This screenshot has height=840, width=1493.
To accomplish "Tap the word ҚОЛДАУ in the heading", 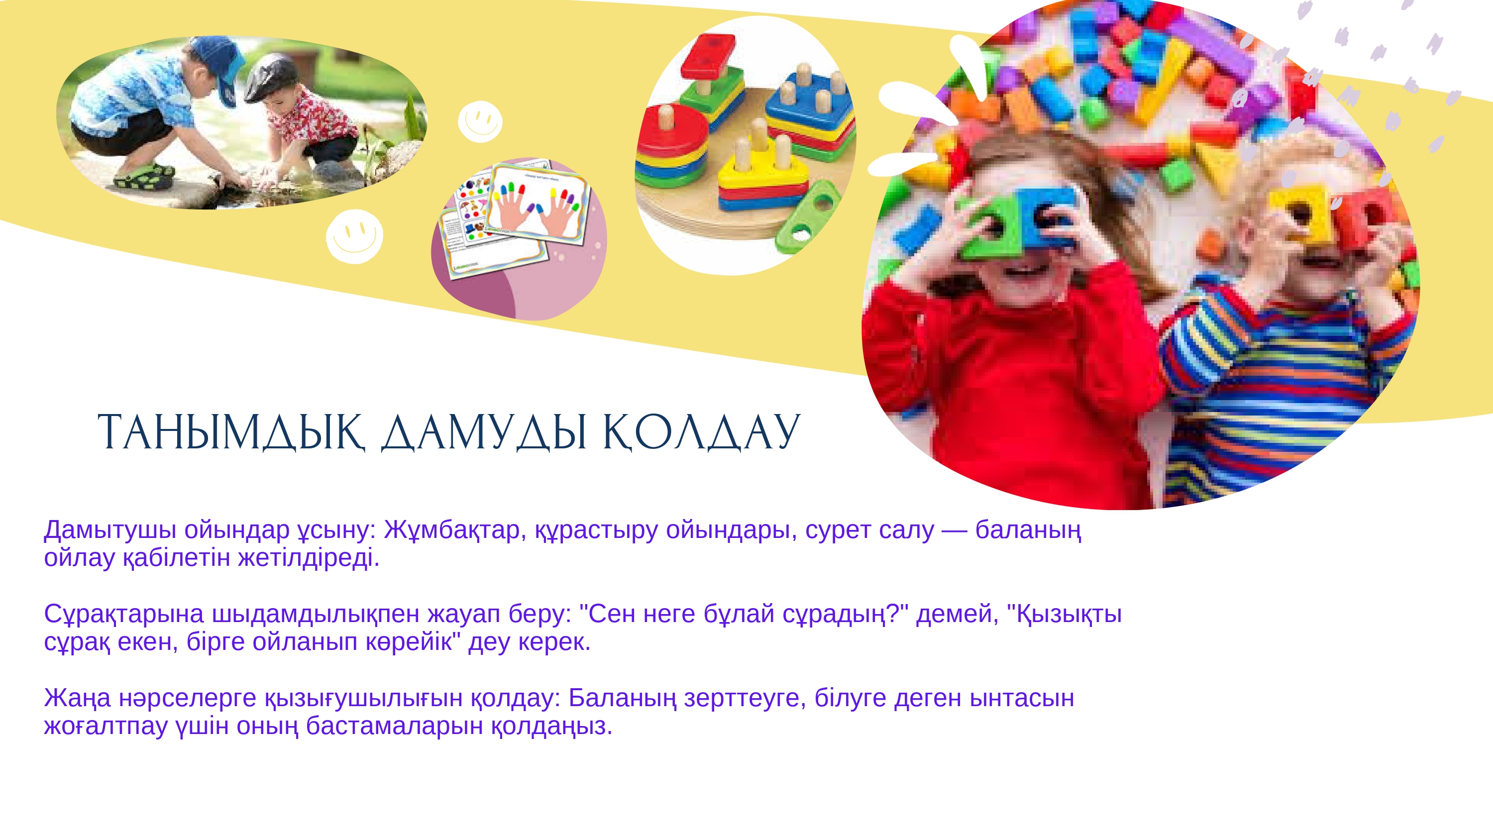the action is pyautogui.click(x=701, y=433).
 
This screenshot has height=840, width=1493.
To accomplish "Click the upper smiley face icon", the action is pyautogui.click(x=480, y=122).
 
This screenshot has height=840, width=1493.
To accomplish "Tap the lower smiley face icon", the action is pyautogui.click(x=354, y=236).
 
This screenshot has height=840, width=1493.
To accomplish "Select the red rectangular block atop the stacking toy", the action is pyautogui.click(x=708, y=56).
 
